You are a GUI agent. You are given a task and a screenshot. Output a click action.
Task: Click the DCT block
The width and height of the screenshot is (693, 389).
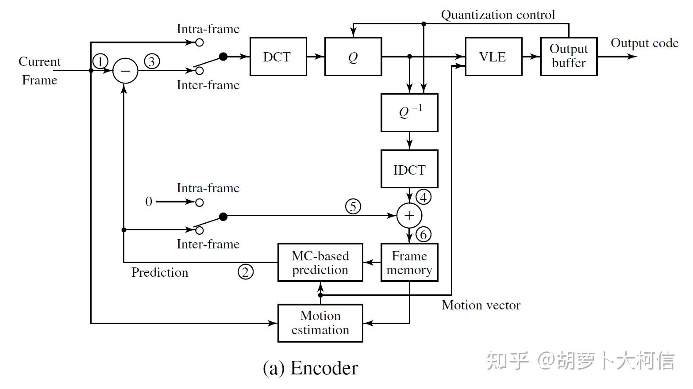coord(278,57)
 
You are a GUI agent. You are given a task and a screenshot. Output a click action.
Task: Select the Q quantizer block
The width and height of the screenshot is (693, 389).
coord(353,57)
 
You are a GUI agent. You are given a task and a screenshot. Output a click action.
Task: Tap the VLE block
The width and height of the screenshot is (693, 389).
coord(493,57)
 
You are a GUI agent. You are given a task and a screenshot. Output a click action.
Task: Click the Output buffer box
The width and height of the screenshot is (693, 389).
coord(569,57)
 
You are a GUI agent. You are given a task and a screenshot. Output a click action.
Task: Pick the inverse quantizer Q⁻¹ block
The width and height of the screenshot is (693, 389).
coord(409,112)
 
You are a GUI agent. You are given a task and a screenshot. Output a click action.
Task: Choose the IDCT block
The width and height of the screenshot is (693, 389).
coord(409,169)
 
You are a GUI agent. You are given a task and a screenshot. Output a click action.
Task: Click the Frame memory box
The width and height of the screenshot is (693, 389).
coord(409,263)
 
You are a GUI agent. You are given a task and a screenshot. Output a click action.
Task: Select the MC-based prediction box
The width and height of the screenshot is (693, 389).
coord(320,263)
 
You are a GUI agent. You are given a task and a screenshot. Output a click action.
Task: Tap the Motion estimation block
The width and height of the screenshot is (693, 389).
coord(320,323)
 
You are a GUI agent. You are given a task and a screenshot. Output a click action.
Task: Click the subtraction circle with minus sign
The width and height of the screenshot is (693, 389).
coord(125,71)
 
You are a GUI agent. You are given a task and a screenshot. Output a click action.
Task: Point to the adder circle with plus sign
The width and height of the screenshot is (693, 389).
coord(409,215)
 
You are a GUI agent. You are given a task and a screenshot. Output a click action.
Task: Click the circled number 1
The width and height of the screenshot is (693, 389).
coord(101,61)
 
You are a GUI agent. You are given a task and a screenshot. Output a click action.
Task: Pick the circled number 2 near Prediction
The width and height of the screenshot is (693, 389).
coord(246,271)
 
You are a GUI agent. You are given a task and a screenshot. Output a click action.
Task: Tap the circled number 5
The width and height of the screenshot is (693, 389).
coord(353,206)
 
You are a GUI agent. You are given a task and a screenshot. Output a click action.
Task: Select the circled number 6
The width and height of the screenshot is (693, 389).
coord(423,234)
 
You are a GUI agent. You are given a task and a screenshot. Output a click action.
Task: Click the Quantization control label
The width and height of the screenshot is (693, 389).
coord(498,15)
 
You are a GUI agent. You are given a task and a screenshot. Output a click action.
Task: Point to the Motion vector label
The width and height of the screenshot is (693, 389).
coord(481,305)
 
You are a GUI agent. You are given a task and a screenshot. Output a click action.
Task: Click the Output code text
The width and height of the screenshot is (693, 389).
coord(644,43)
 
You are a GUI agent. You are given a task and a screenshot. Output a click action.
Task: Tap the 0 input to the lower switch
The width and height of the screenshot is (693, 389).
coord(149,202)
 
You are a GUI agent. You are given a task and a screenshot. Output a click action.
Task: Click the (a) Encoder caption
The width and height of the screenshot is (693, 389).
coord(310,368)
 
